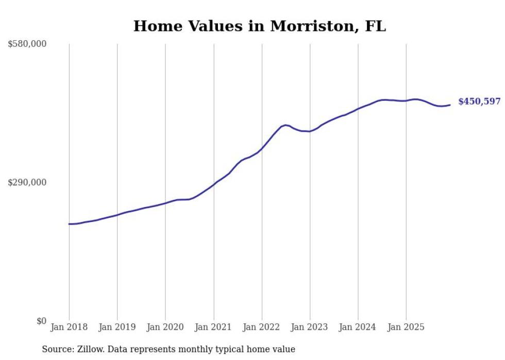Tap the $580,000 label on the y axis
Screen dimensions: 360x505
(x=27, y=44)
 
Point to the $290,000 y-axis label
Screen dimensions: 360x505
(x=27, y=183)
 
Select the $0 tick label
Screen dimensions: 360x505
(x=41, y=321)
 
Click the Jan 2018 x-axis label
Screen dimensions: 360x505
(x=69, y=328)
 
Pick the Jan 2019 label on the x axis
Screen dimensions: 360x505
(x=117, y=328)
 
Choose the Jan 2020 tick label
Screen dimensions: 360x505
(x=165, y=328)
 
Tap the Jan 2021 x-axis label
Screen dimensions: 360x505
(x=213, y=328)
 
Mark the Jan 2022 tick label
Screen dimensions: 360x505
(x=262, y=328)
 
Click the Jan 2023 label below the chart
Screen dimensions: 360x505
(x=310, y=328)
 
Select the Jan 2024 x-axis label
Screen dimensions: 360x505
(x=358, y=328)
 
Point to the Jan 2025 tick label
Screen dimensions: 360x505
(x=406, y=328)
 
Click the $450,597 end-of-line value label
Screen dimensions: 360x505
(x=479, y=102)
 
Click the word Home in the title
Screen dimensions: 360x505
(x=153, y=26)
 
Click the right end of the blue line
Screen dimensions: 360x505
(x=450, y=105)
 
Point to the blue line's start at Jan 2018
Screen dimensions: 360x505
(x=69, y=224)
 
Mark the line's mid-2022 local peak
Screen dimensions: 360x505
(x=286, y=125)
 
